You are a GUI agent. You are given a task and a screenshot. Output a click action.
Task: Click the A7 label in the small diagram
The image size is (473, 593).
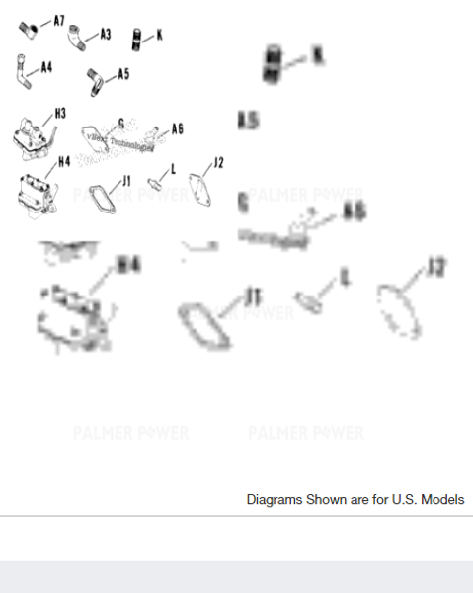coord(58,20)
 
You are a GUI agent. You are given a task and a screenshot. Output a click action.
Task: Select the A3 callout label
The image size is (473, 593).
coord(105,34)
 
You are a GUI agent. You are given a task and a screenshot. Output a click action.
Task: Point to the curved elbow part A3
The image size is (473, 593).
coord(77,37)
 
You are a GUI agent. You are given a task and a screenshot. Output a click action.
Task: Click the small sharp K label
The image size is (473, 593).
coord(159,35)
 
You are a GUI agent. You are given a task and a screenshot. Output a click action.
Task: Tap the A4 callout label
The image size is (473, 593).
coord(45,67)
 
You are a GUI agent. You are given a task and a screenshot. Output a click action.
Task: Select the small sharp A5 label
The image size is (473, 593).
coord(123,73)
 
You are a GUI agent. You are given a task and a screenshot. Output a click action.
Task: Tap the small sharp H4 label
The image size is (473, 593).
coord(63,161)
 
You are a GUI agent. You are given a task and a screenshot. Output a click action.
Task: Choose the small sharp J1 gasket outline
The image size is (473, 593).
coord(101,194)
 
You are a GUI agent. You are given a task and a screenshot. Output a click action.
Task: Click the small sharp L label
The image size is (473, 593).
coord(173,169)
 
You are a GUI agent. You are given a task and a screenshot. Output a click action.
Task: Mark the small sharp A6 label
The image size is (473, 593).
coord(178,128)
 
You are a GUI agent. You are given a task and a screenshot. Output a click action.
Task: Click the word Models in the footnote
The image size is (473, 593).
coord(443,500)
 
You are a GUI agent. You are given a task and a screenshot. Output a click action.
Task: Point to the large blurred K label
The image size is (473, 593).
coord(317,57)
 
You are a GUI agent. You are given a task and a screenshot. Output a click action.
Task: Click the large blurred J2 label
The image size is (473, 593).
coord(435,267)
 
